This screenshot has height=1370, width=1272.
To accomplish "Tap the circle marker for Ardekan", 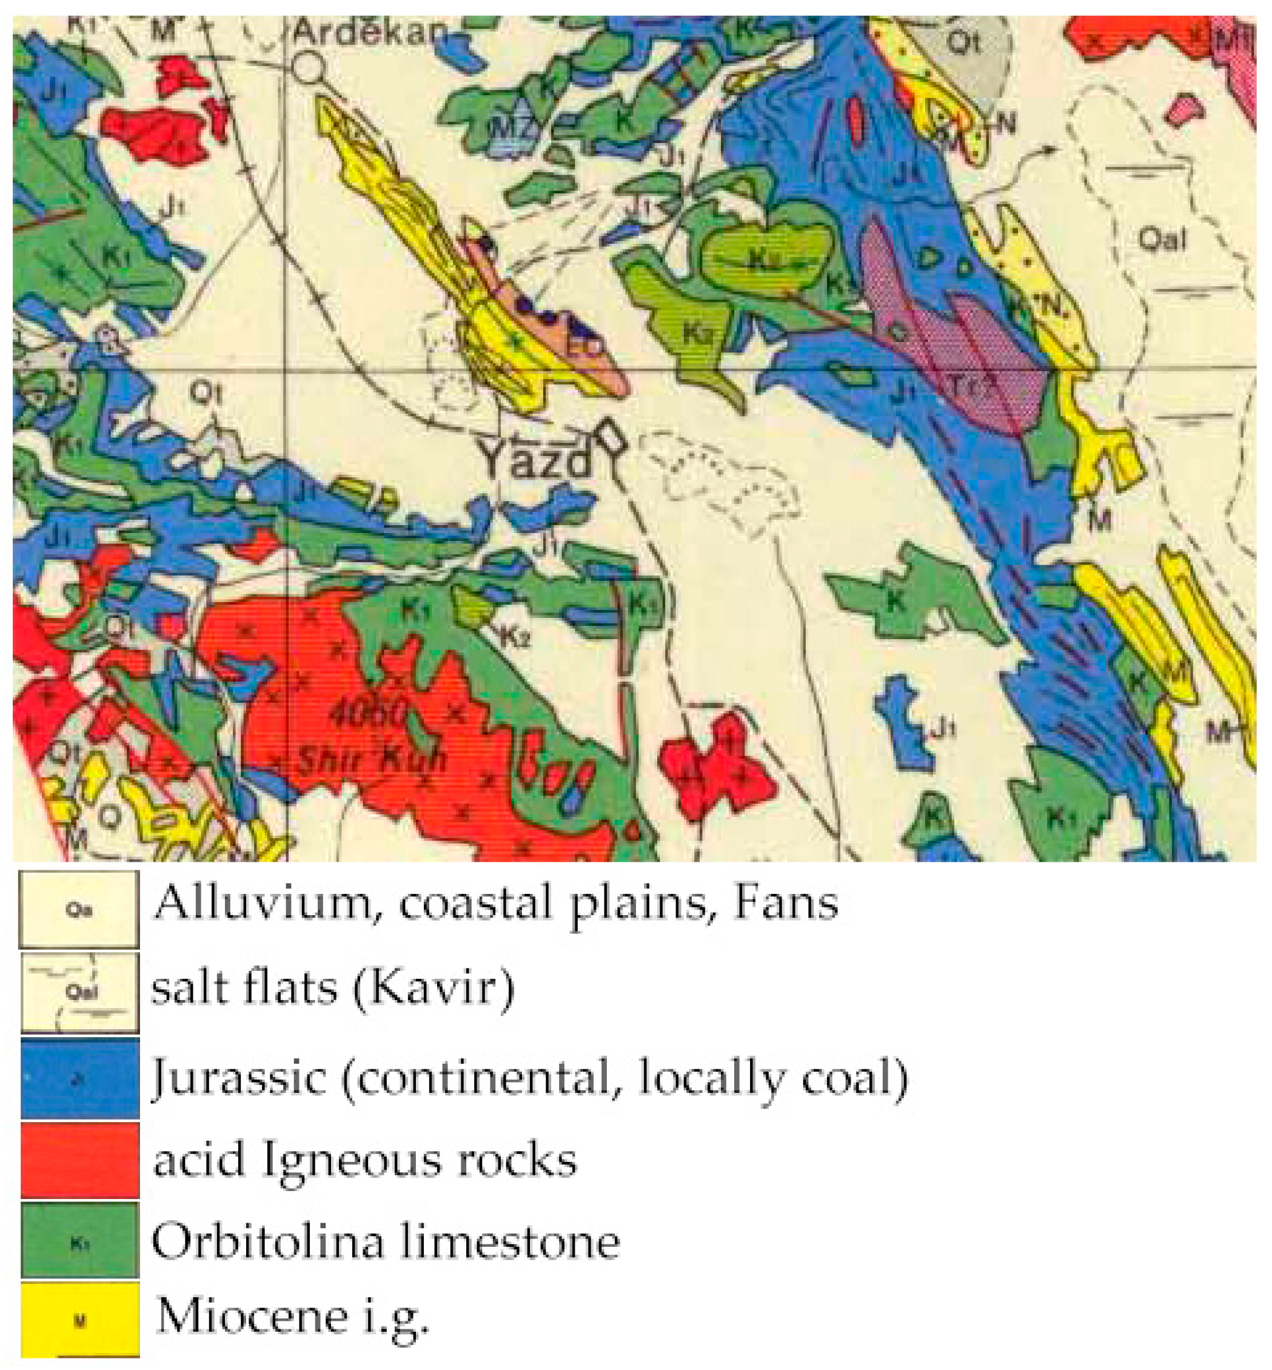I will tap(309, 67).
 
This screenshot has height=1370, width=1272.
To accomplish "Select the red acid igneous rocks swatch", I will tap(80, 1160).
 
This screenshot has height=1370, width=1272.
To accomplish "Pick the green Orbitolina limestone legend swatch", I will tap(80, 1240).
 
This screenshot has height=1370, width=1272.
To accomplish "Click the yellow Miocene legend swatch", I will tap(80, 1319).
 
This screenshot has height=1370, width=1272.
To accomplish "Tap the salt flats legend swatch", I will tap(80, 992).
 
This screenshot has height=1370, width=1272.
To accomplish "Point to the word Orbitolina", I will tap(269, 1241).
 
